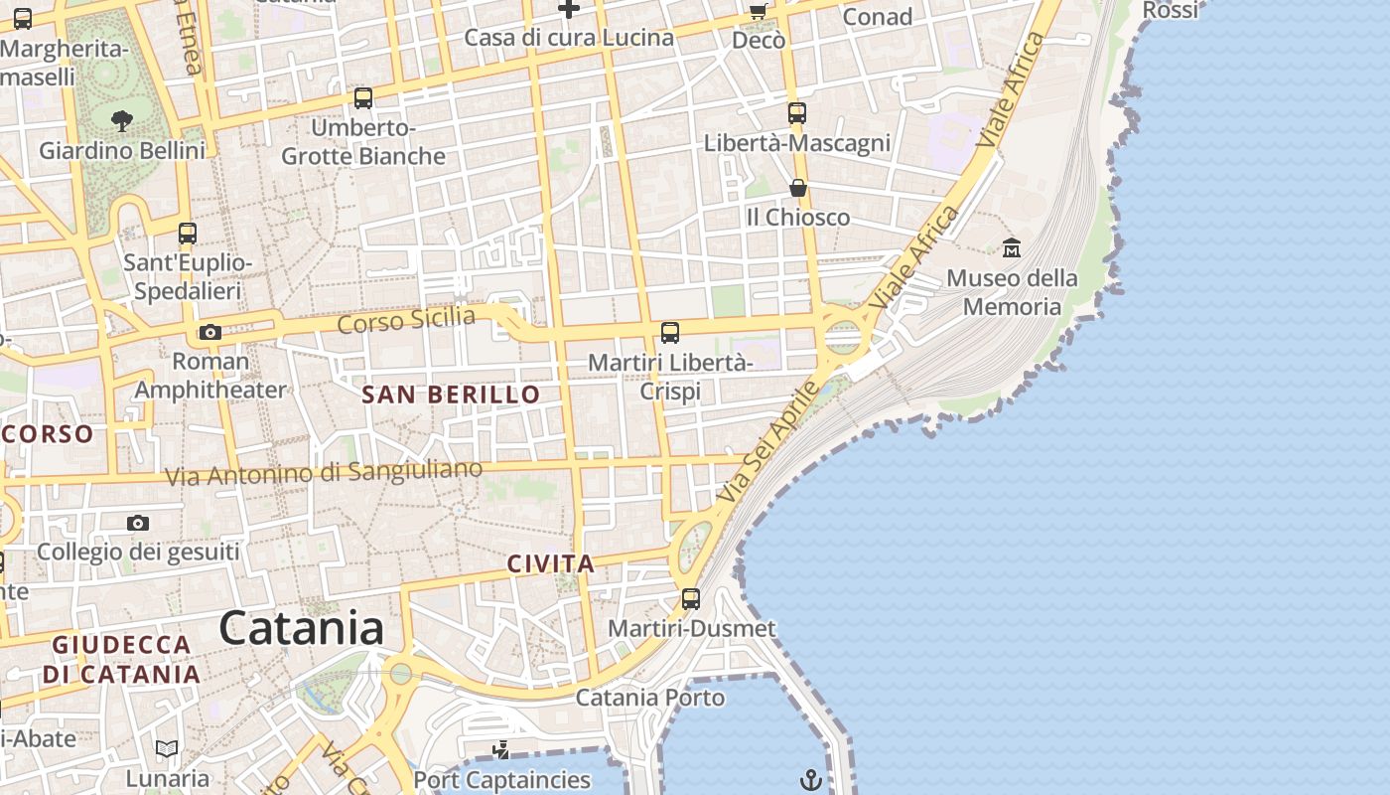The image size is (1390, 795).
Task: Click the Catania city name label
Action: tap(301, 629)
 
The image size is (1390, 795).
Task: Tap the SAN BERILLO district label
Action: tap(451, 395)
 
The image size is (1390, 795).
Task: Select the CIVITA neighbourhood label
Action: tap(551, 564)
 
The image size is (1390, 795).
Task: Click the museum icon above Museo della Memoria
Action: tap(1012, 247)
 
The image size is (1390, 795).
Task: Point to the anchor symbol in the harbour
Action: tap(811, 779)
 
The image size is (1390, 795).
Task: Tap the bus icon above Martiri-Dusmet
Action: tap(690, 599)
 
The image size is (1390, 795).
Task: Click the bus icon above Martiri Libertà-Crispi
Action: tap(670, 333)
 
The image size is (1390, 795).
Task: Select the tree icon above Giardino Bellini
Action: tap(122, 121)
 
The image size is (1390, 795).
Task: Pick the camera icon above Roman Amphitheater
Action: tap(209, 332)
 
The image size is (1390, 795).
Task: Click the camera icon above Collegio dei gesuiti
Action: tap(138, 523)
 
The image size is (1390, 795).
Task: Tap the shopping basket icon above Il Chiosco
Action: tap(797, 188)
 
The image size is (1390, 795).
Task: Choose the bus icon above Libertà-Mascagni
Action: tap(796, 113)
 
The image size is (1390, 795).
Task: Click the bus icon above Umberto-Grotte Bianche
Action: tap(363, 98)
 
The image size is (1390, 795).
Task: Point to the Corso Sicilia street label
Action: tap(406, 320)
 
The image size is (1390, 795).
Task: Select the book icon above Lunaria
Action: tap(167, 748)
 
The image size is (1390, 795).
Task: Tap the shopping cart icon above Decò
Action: tap(758, 12)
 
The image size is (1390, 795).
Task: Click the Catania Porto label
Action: tap(650, 698)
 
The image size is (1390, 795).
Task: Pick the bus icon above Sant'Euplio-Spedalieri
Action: tap(188, 234)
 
